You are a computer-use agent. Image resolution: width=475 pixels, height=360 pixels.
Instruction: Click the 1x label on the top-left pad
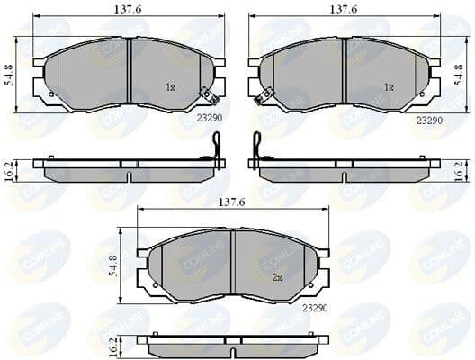pyautogui.click(x=171, y=87)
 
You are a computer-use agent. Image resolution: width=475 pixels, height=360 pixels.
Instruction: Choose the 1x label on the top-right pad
pyautogui.click(x=389, y=88)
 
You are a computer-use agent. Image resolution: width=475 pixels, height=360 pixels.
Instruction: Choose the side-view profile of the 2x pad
pyautogui.click(x=233, y=341)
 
